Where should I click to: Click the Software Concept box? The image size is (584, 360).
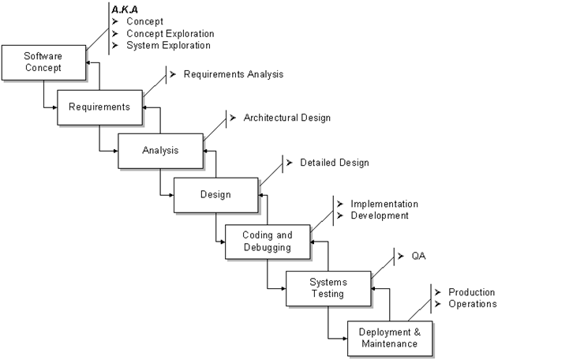click(x=43, y=62)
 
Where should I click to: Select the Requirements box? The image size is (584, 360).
click(x=99, y=107)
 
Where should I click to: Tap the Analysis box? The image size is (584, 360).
click(x=160, y=150)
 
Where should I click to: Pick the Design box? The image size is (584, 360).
click(x=215, y=194)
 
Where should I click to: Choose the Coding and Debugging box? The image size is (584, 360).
click(x=268, y=241)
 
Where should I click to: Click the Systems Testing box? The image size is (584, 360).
click(x=328, y=288)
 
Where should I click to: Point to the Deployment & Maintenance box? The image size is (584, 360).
click(x=390, y=338)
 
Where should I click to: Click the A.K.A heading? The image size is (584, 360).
click(x=125, y=9)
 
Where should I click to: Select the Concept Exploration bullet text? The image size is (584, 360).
click(x=170, y=34)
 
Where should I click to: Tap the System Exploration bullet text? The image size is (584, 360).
click(x=168, y=46)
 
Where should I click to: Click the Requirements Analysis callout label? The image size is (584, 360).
click(x=233, y=74)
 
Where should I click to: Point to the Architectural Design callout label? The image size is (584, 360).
click(x=287, y=118)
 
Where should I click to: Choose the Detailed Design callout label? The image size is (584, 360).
click(x=334, y=163)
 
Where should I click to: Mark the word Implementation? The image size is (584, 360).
click(x=384, y=204)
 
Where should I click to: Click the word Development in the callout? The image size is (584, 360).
click(x=380, y=216)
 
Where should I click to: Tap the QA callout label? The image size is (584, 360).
click(x=418, y=257)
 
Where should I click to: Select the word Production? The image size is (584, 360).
click(x=471, y=292)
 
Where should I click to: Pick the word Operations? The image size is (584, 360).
click(x=472, y=304)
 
